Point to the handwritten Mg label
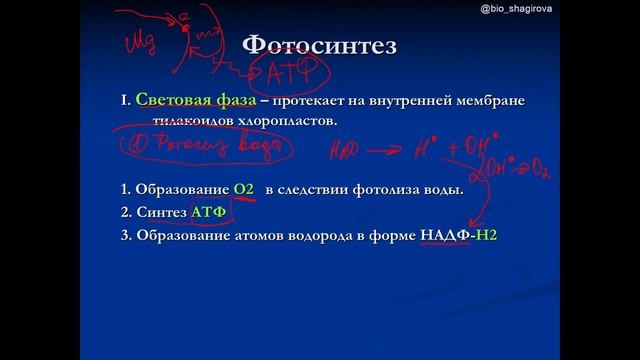click(140, 45)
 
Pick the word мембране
click(487, 102)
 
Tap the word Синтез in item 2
click(157, 213)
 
